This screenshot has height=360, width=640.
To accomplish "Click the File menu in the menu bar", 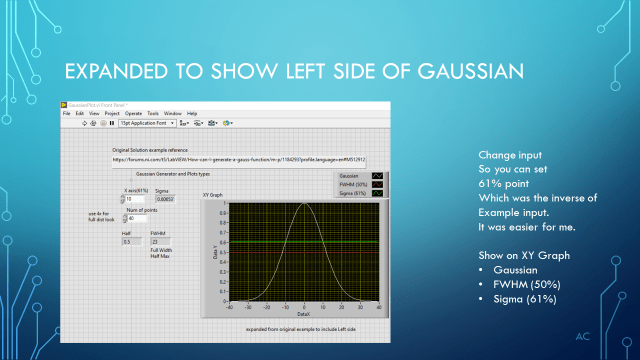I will tap(67, 113).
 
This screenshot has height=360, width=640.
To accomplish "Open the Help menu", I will tap(192, 113).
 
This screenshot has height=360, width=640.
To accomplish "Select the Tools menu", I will tap(152, 113).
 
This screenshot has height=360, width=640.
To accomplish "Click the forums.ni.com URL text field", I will tap(238, 158).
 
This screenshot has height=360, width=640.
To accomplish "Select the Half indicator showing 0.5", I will tap(129, 241).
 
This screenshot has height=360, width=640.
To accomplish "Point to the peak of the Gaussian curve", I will tap(304, 205).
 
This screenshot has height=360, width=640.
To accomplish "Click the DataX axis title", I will tap(304, 314).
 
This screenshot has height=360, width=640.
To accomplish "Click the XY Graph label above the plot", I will tap(212, 194).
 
